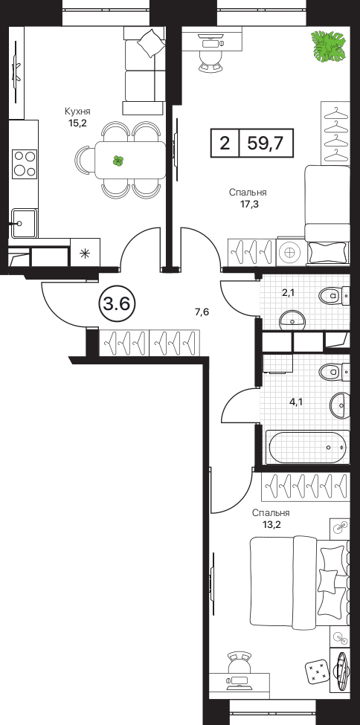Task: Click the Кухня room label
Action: (x=77, y=112)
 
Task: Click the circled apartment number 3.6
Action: (x=117, y=304)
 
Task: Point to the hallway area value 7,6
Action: (x=202, y=312)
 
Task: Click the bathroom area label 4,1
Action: (x=296, y=402)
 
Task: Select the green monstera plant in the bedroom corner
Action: (x=330, y=47)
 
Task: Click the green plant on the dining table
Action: (x=118, y=161)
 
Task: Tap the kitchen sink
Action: (x=24, y=223)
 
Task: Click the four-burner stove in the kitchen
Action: (x=25, y=164)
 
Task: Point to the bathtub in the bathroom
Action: (x=307, y=447)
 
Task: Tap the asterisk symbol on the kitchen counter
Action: (x=85, y=253)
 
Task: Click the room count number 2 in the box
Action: (x=225, y=144)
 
